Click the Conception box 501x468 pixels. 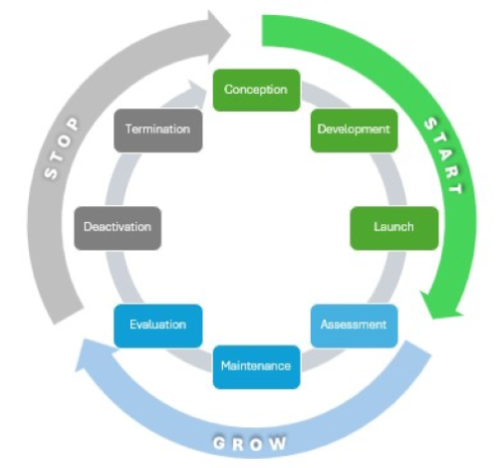(256, 90)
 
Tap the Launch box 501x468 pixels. (392, 227)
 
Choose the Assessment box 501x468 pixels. (354, 325)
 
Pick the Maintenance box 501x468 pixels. (256, 365)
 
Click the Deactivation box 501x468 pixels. (118, 227)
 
